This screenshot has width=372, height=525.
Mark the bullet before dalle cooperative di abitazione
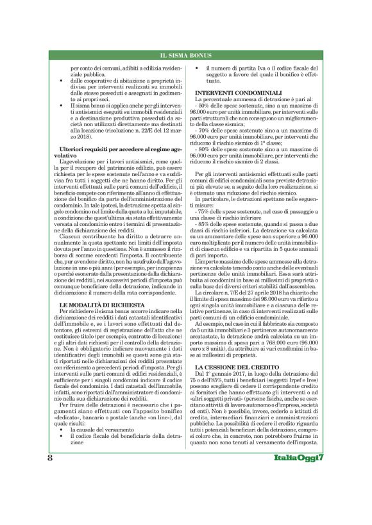[60, 81]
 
